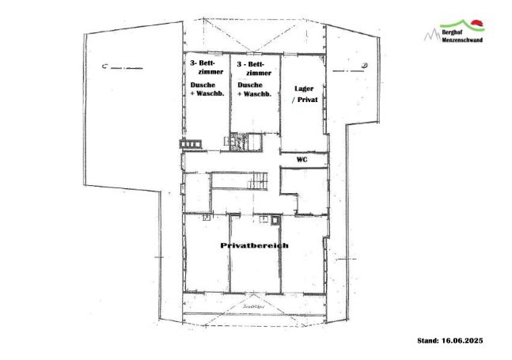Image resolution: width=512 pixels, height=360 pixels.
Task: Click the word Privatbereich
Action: (x=253, y=246)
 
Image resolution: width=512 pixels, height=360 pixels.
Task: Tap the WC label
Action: (x=301, y=159)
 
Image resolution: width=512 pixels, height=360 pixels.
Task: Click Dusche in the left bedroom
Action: (x=201, y=84)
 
